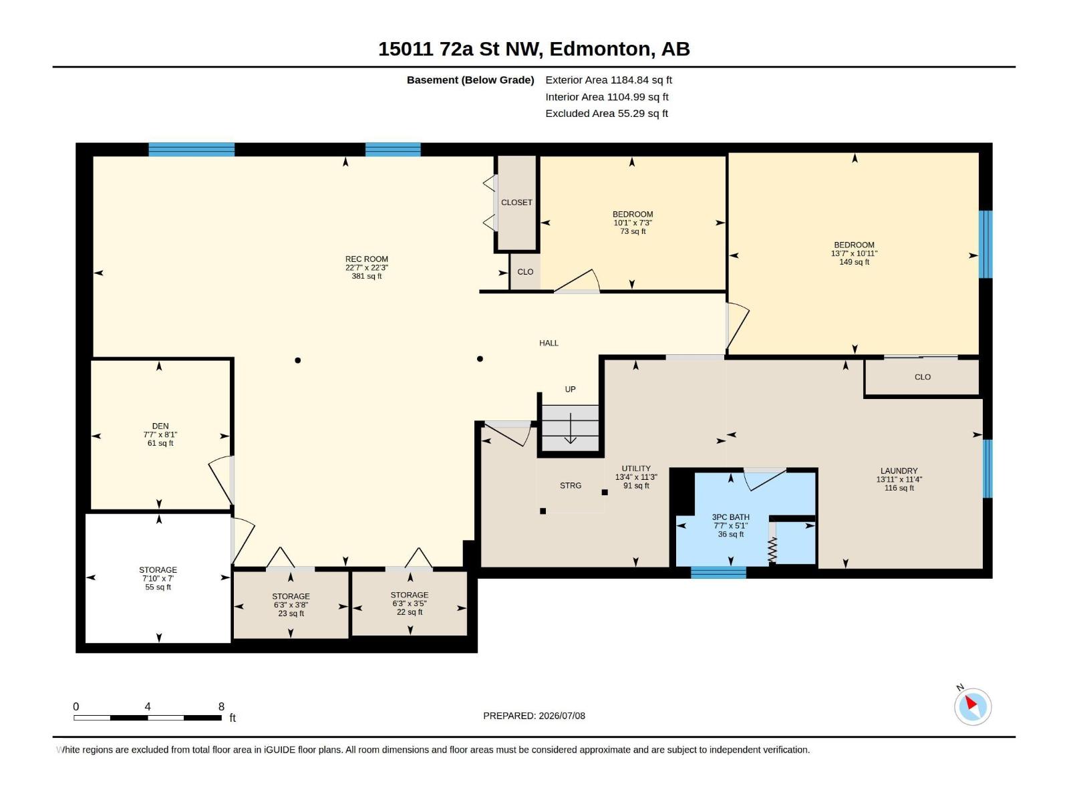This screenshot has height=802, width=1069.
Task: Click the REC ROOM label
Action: (x=366, y=259)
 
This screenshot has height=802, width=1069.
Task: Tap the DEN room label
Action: (x=160, y=426)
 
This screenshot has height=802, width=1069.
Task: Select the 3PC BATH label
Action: (x=730, y=517)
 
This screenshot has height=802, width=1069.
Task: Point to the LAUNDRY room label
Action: (x=899, y=471)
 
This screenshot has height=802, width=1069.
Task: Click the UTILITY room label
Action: (x=636, y=469)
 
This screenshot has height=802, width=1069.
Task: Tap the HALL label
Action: (x=549, y=344)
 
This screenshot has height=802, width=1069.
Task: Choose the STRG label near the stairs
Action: (x=571, y=485)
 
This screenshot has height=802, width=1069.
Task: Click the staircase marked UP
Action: (x=571, y=428)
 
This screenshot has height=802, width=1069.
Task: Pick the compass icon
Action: (x=973, y=707)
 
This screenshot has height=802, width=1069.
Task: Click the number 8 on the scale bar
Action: (x=221, y=706)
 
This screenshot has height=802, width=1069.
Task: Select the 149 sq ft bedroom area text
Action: (x=854, y=262)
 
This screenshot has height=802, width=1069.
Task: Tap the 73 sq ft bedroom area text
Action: (x=633, y=231)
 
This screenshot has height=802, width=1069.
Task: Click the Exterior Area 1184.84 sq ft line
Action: (x=608, y=80)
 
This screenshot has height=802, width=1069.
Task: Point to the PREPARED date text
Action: (x=534, y=716)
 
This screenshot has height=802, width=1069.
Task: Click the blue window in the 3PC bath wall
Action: (x=718, y=573)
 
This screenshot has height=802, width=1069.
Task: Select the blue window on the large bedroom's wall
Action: (x=985, y=244)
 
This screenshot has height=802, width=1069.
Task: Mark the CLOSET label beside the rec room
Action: (x=516, y=203)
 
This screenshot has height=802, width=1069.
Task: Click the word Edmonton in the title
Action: (x=601, y=49)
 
